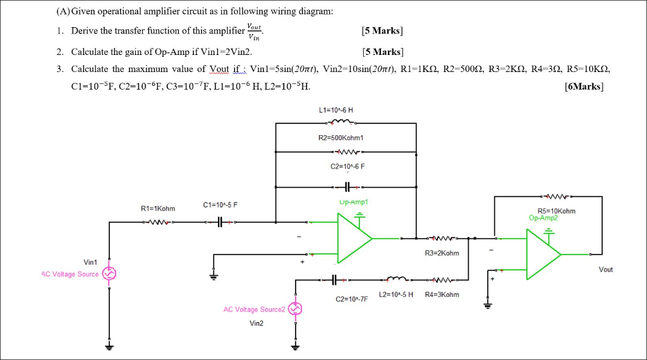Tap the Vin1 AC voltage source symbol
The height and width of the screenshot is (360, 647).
[x=109, y=273]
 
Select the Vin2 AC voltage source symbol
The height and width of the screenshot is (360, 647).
[x=295, y=308]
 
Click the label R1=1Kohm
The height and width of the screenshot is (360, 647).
[x=158, y=208]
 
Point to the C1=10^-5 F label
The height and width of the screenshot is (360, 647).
[x=221, y=205]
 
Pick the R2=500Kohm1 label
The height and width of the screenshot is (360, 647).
[x=345, y=137]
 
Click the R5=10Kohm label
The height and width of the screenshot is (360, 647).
[x=556, y=211]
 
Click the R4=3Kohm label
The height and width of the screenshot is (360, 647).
[x=442, y=294]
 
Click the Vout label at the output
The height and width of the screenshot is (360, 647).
[x=606, y=269]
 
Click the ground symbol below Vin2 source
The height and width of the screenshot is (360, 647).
[x=295, y=346]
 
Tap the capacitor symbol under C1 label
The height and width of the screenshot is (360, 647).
[x=220, y=222]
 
